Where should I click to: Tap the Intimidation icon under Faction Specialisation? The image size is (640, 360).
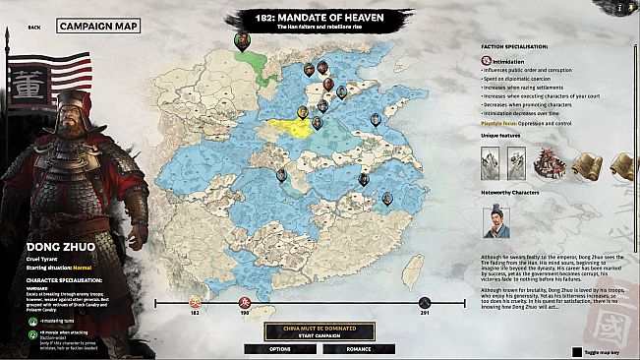click(486, 60)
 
